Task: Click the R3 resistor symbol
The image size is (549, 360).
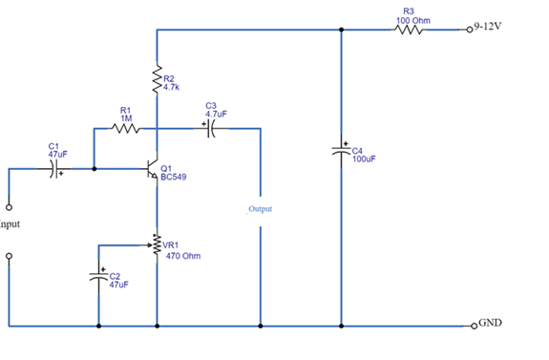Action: [410, 30]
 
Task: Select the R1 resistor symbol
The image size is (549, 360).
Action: [125, 129]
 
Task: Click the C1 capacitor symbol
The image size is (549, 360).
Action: [54, 169]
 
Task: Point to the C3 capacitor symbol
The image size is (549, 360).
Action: [211, 129]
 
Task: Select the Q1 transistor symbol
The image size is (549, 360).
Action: [153, 169]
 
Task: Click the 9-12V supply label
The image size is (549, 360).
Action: [488, 26]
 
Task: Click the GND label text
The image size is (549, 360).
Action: [490, 323]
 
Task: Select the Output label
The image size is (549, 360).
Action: [261, 207]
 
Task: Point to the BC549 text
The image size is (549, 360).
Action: [174, 177]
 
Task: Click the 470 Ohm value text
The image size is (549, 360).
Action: [183, 256]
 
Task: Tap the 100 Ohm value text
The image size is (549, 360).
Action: [412, 19]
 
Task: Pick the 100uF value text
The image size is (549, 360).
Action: [364, 159]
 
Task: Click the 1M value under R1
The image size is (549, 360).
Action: [125, 117]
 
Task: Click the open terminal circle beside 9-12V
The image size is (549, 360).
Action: [469, 30]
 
